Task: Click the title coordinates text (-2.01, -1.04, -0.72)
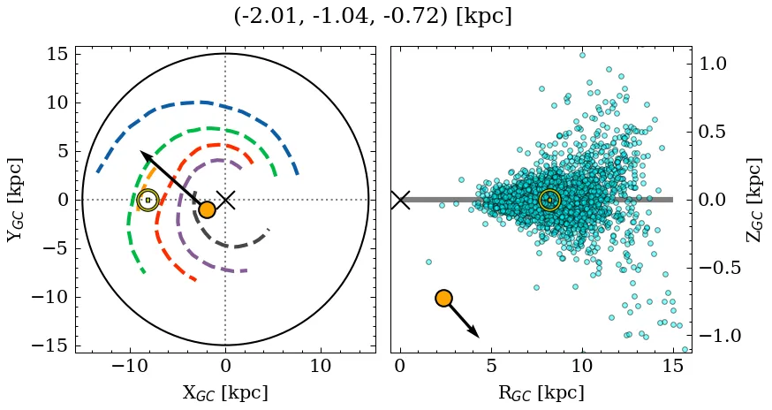tap(373, 17)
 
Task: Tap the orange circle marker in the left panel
tap(207, 209)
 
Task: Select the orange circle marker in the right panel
tap(443, 298)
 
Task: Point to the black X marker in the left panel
tap(225, 200)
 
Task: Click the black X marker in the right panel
tap(400, 200)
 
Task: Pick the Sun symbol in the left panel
tap(148, 200)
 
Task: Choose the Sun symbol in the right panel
tap(549, 200)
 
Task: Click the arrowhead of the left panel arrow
tap(142, 154)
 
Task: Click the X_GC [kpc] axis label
tap(225, 392)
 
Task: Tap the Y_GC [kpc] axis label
tap(15, 200)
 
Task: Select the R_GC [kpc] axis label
tap(541, 392)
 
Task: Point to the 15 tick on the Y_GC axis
tap(57, 54)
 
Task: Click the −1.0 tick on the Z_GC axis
tap(716, 336)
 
